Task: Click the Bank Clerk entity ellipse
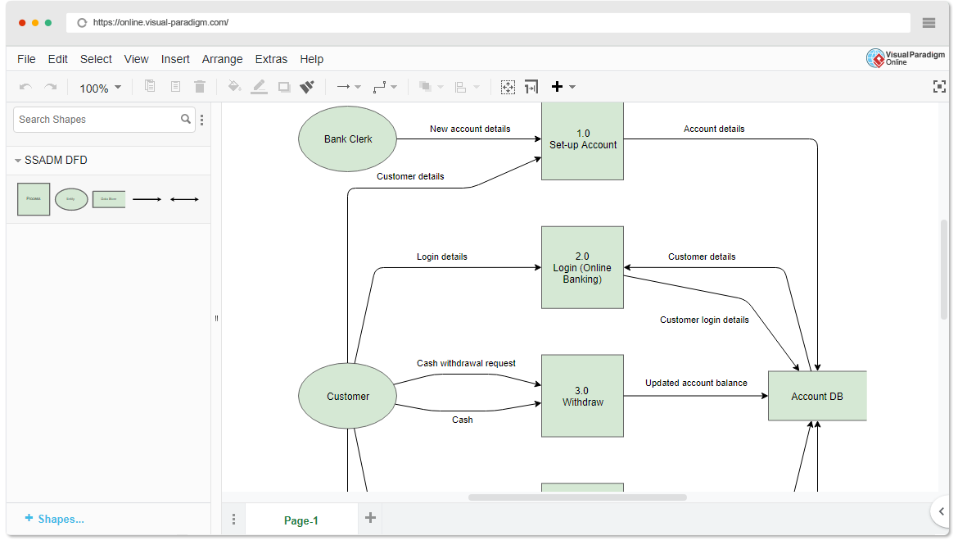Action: pos(347,139)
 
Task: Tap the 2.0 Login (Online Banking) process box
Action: pos(582,267)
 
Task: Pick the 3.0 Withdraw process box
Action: pos(582,396)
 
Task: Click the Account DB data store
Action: pos(816,396)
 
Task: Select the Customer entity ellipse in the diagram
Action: pos(347,396)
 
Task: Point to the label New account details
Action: pos(470,129)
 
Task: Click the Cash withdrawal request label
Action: pos(466,363)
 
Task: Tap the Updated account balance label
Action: pos(696,383)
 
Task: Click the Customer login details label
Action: pos(704,320)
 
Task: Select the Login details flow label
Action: pos(442,257)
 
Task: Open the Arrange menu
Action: pos(222,59)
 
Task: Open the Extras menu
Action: pos(271,59)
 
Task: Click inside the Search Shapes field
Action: pos(97,120)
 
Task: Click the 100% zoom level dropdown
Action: pos(100,88)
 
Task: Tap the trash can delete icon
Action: pos(200,87)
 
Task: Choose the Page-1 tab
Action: pos(301,520)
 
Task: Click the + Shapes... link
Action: pos(55,519)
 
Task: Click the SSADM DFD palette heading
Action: pos(56,160)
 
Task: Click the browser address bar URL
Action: pos(160,23)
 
